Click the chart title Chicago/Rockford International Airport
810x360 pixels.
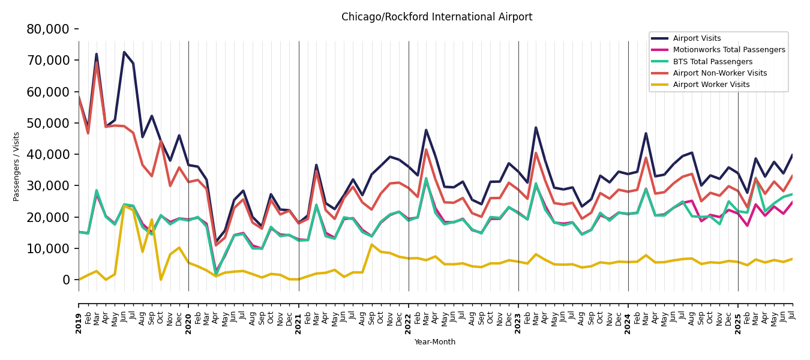click(x=437, y=17)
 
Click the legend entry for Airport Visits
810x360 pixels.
click(x=697, y=38)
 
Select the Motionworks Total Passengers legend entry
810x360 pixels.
click(x=728, y=50)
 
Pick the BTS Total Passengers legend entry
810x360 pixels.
click(x=712, y=62)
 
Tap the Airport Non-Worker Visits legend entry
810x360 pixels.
click(x=719, y=73)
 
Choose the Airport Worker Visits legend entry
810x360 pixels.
click(x=711, y=85)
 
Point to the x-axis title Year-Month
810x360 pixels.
click(x=435, y=342)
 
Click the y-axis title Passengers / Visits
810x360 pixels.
click(x=17, y=166)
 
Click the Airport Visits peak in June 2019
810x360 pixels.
click(x=124, y=52)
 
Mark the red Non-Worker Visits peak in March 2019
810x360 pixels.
click(x=97, y=62)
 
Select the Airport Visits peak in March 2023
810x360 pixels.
click(x=536, y=127)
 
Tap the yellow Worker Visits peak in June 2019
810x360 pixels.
click(x=124, y=206)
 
